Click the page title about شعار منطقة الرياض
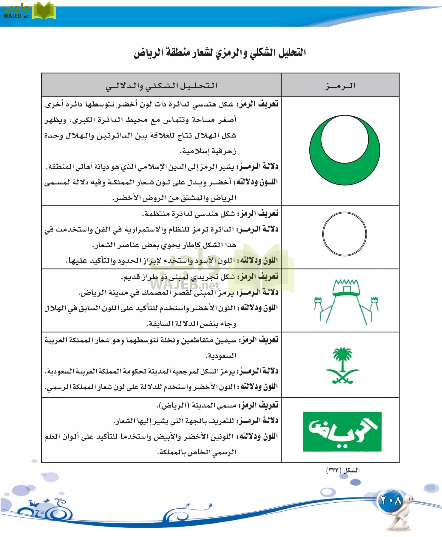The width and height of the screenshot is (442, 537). tap(220, 53)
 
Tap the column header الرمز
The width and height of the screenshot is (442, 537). tap(340, 86)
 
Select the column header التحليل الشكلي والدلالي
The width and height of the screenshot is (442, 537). tap(161, 86)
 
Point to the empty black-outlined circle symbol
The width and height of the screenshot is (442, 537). tap(344, 234)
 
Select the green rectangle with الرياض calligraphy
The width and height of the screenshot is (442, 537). tap(342, 432)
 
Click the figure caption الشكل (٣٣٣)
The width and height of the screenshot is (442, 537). tap(343, 470)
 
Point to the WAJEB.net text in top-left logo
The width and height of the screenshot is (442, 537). tap(16, 16)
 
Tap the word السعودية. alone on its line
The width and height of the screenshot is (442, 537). tap(221, 356)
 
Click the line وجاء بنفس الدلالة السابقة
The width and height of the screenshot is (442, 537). tap(191, 324)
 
